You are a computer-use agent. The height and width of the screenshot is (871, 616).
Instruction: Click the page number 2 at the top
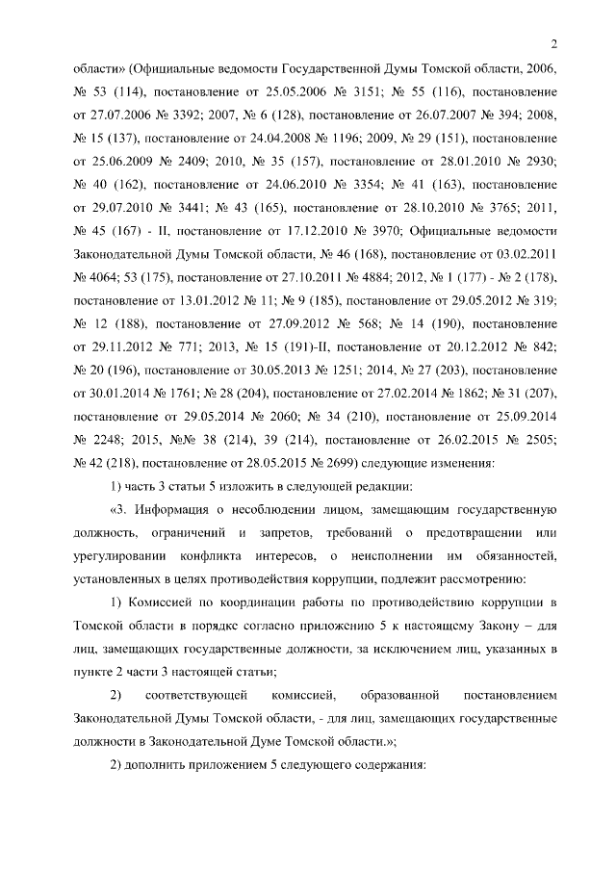tap(555, 41)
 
